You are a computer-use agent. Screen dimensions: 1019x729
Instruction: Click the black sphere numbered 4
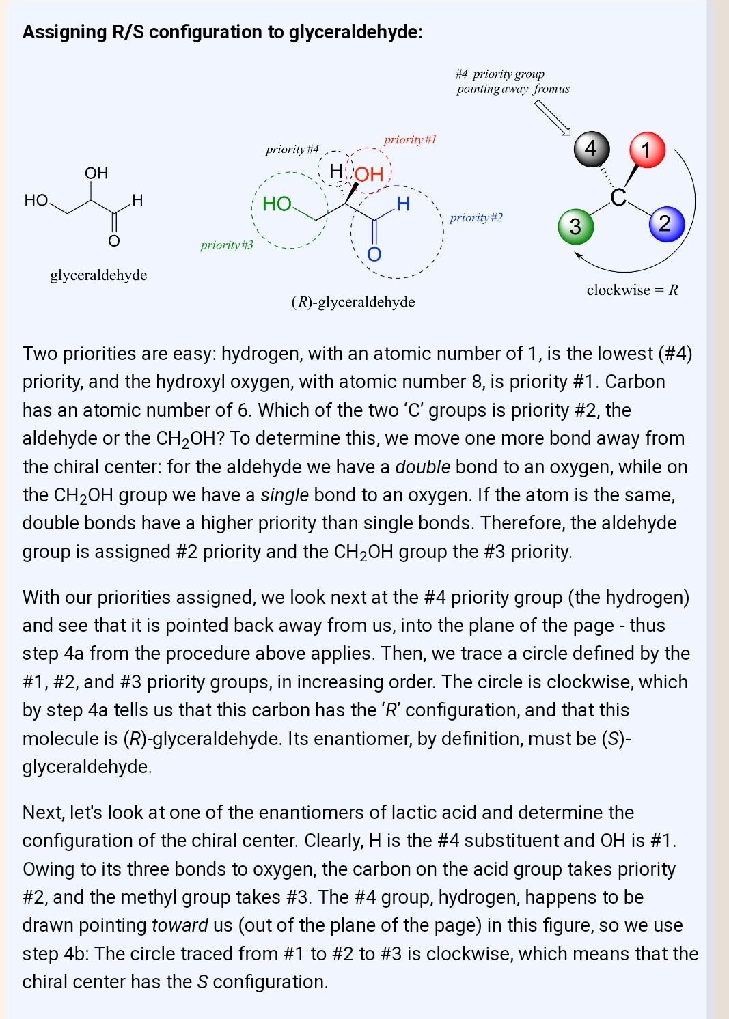pyautogui.click(x=591, y=148)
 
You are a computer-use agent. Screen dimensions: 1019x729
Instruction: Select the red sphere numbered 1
pyautogui.click(x=646, y=149)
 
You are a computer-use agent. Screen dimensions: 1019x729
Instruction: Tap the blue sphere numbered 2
pyautogui.click(x=665, y=223)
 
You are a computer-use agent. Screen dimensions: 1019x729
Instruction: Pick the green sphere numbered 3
pyautogui.click(x=575, y=226)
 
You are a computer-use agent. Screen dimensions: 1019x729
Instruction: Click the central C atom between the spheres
pyautogui.click(x=618, y=197)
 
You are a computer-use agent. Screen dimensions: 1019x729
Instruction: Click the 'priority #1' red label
pyautogui.click(x=410, y=140)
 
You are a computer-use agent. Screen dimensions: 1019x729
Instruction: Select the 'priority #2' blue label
pyautogui.click(x=476, y=218)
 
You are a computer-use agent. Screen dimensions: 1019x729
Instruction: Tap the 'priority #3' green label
pyautogui.click(x=226, y=245)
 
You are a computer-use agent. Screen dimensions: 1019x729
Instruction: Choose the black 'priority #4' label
pyautogui.click(x=292, y=150)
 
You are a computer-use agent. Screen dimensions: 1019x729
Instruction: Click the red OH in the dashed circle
pyautogui.click(x=369, y=175)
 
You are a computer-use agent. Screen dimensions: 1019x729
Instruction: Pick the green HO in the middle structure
pyautogui.click(x=277, y=204)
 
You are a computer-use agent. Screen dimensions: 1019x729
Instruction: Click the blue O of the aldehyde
pyautogui.click(x=374, y=255)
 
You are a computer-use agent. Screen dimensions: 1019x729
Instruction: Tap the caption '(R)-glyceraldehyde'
pyautogui.click(x=353, y=302)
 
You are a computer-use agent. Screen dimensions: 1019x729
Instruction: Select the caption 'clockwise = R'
pyautogui.click(x=632, y=290)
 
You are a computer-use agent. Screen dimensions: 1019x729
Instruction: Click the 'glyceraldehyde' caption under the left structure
pyautogui.click(x=98, y=275)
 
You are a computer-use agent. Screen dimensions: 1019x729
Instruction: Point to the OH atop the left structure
pyautogui.click(x=96, y=173)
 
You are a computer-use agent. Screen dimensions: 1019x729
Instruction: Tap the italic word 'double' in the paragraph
pyautogui.click(x=422, y=467)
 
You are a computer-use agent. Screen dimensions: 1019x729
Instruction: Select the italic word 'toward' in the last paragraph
pyautogui.click(x=180, y=925)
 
